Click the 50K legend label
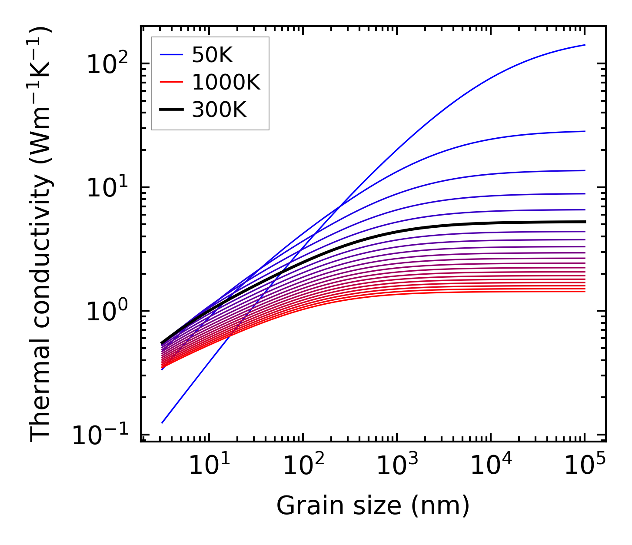pyautogui.click(x=212, y=55)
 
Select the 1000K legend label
pyautogui.click(x=226, y=83)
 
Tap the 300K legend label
pyautogui.click(x=219, y=110)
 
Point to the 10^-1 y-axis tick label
pyautogui.click(x=102, y=435)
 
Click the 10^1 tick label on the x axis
pyautogui.click(x=209, y=465)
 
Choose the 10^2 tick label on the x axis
pyautogui.click(x=303, y=465)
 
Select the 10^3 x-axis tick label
pyautogui.click(x=397, y=465)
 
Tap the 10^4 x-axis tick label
pyautogui.click(x=491, y=465)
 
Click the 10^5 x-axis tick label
pyautogui.click(x=585, y=465)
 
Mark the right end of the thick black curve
pyautogui.click(x=585, y=222)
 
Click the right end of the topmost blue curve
pyautogui.click(x=585, y=45)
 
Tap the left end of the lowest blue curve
pyautogui.click(x=162, y=422)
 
